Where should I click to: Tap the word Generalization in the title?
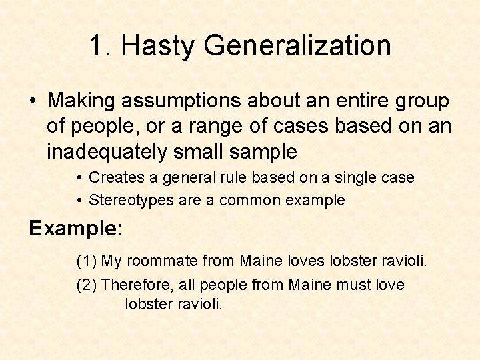point(297,46)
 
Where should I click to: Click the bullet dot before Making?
point(33,101)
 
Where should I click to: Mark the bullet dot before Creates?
point(79,178)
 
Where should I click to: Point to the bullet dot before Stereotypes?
point(79,200)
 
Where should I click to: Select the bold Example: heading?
point(75,228)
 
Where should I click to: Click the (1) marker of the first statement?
point(86,260)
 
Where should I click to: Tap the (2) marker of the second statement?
point(86,285)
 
